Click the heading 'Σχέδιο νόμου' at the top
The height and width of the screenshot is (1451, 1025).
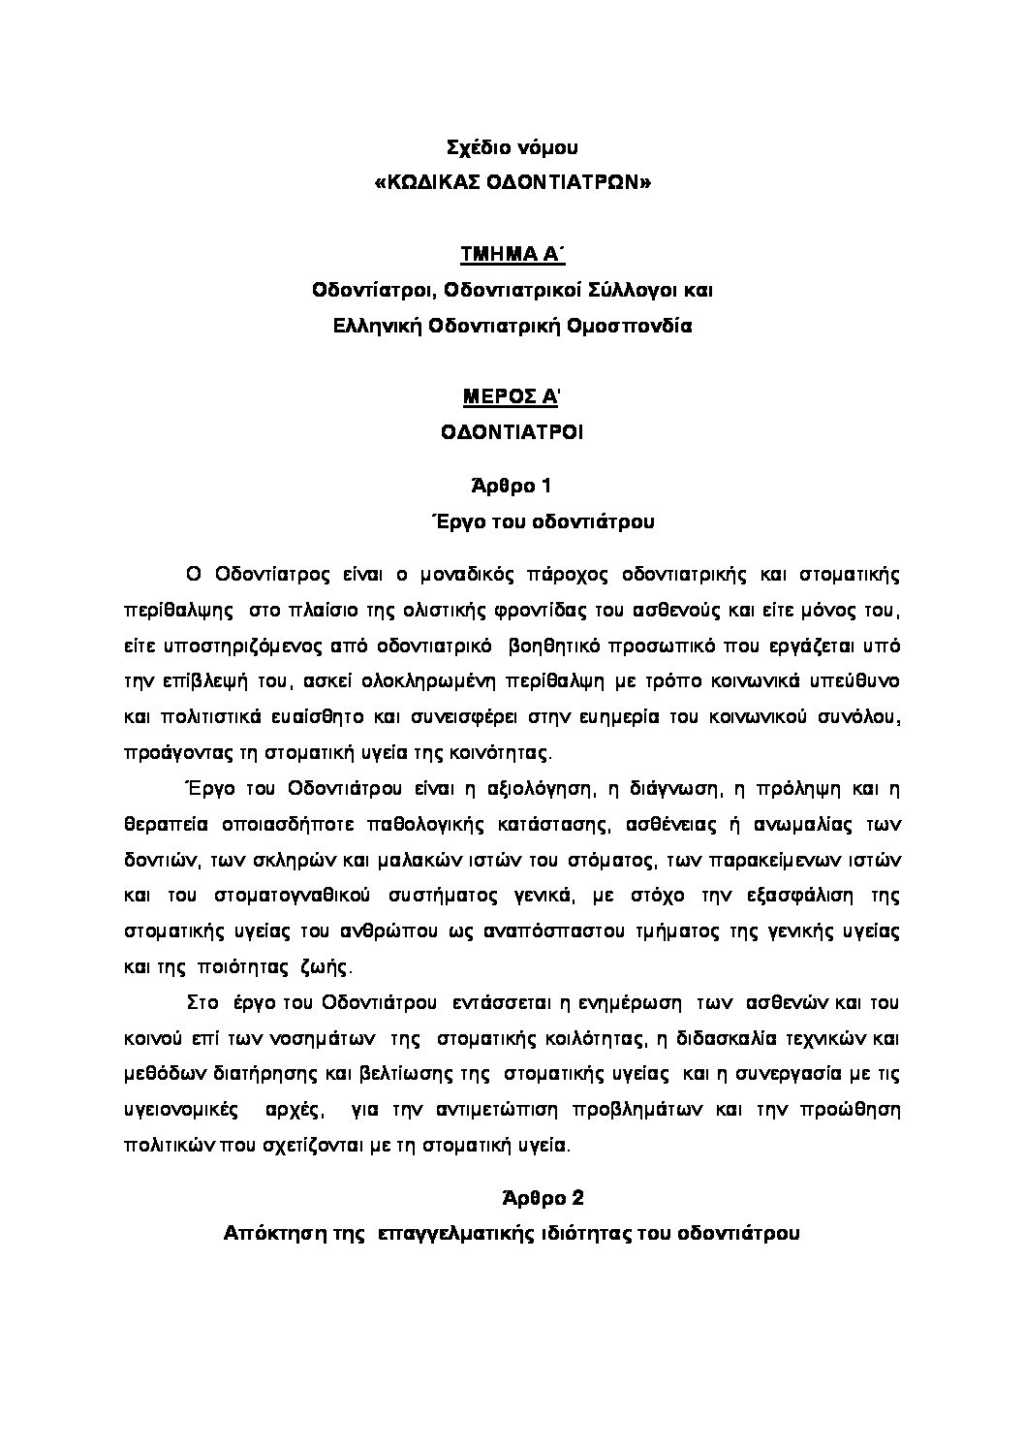tap(512, 148)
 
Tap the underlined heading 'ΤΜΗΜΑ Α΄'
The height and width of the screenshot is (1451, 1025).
tap(512, 255)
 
